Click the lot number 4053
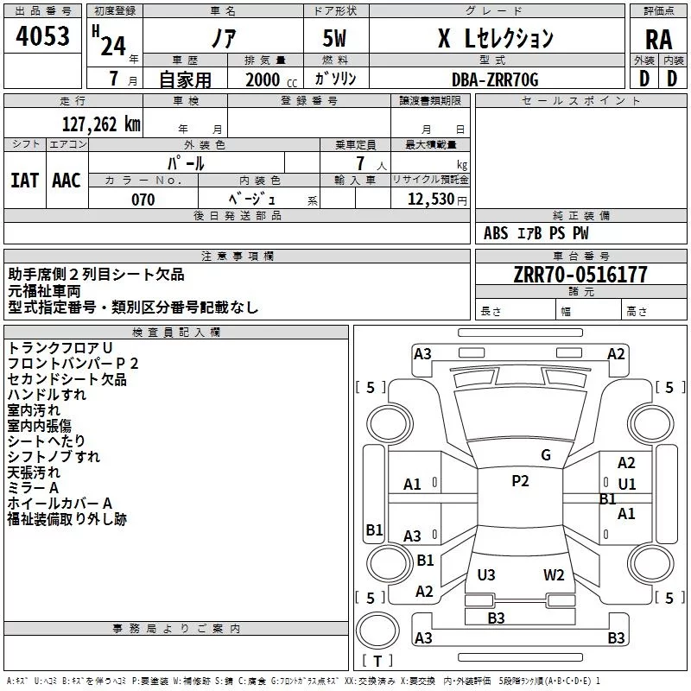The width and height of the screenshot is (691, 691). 42,36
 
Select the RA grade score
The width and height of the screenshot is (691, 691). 659,40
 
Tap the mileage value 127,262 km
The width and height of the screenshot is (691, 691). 101,124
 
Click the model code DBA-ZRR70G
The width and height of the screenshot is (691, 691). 495,79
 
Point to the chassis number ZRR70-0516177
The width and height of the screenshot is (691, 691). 580,275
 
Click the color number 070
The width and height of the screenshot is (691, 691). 143,200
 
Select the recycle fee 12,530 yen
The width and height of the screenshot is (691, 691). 437,200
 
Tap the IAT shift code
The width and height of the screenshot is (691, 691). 24,181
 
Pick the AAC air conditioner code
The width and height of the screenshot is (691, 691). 67,181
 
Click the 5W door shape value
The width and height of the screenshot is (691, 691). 334,38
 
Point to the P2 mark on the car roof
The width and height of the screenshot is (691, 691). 520,481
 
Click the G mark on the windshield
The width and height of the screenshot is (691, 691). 546,455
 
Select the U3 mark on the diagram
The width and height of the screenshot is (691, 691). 486,574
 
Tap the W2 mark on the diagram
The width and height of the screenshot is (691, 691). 554,574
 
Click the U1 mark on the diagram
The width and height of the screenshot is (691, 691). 627,485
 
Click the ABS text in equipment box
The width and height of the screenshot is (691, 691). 496,233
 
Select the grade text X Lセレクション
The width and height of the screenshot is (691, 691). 496,38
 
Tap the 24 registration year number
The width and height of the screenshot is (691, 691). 113,46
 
